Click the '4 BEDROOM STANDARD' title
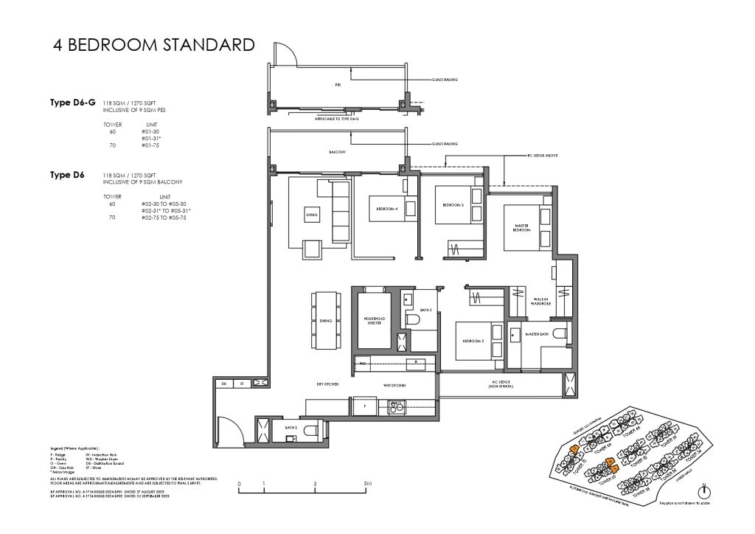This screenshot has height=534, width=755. coord(153,45)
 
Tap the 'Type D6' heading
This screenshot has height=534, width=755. coord(67,175)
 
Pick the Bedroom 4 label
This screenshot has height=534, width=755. coord(387,209)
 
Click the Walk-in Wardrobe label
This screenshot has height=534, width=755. coord(544,302)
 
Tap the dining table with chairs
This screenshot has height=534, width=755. coord(327,320)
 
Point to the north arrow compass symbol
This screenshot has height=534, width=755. coord(705,492)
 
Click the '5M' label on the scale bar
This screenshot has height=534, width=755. coord(367,484)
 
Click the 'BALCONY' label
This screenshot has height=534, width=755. coord(338,152)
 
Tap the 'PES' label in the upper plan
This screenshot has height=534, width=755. coord(338,85)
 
